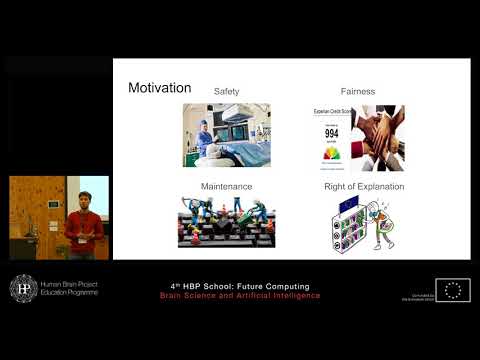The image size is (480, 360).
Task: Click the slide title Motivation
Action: pyautogui.click(x=160, y=88)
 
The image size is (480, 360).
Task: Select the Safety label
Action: pyautogui.click(x=226, y=91)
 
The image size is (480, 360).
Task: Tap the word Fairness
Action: pyautogui.click(x=356, y=91)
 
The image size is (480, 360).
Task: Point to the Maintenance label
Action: pyautogui.click(x=226, y=186)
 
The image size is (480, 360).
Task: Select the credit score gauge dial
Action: pyautogui.click(x=330, y=153)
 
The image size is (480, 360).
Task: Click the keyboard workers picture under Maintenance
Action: pyautogui.click(x=226, y=221)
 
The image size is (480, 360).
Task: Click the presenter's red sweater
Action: pyautogui.click(x=84, y=228)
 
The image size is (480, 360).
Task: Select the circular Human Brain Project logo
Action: pyautogui.click(x=22, y=287)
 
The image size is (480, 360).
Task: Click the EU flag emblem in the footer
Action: pyautogui.click(x=453, y=290)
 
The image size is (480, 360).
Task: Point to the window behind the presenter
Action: pyautogui.click(x=96, y=195)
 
